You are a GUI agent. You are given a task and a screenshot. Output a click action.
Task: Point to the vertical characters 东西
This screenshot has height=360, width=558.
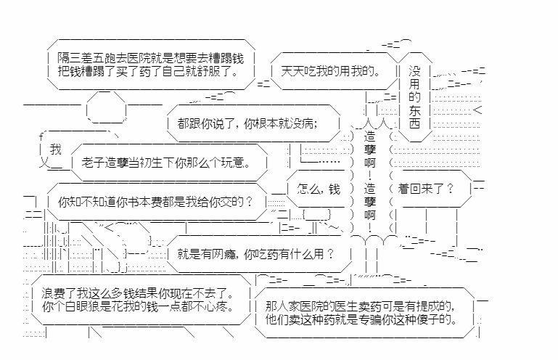point(414,118)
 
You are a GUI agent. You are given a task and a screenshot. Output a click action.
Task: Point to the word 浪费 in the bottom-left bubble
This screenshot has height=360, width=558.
point(54,294)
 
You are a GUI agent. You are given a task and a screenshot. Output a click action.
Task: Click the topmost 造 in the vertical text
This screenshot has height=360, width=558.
point(370,136)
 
